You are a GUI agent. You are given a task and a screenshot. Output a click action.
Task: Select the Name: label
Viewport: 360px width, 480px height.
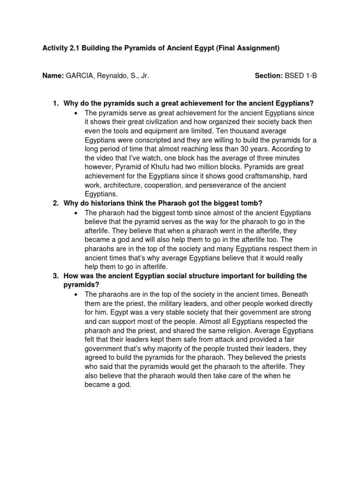pos(53,75)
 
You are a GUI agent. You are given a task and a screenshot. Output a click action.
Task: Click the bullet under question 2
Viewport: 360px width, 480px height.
pos(75,213)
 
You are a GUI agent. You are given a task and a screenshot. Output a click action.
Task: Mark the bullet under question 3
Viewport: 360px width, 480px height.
pos(75,294)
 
